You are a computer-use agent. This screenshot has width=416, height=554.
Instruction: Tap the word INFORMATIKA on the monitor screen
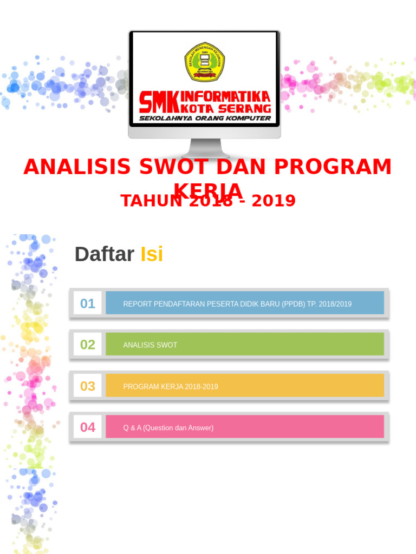click(x=225, y=96)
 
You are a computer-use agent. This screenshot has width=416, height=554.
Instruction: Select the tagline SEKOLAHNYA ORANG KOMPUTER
click(x=205, y=118)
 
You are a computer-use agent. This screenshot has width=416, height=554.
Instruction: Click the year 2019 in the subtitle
click(x=274, y=201)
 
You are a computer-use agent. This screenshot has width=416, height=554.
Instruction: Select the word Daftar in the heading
click(x=104, y=254)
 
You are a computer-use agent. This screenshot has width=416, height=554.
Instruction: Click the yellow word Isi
click(x=152, y=254)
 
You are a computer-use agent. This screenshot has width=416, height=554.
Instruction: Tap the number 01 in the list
click(x=88, y=304)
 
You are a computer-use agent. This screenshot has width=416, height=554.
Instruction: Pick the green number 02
click(x=88, y=345)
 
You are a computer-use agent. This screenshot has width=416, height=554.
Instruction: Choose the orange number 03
click(x=88, y=386)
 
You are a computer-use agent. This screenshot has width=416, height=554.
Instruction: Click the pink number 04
click(x=88, y=427)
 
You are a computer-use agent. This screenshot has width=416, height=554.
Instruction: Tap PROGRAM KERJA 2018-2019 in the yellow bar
click(x=171, y=387)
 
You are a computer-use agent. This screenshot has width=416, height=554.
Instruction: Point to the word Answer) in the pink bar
click(x=200, y=428)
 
